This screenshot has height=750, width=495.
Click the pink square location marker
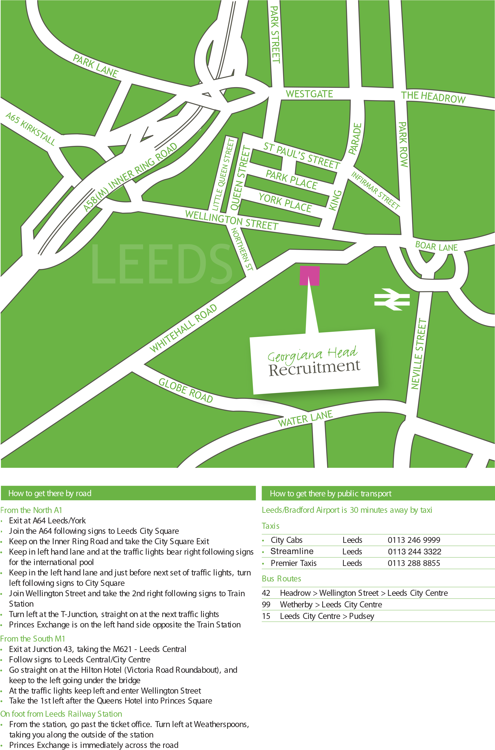click(309, 276)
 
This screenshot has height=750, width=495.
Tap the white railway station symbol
click(392, 299)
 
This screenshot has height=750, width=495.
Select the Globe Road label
click(186, 391)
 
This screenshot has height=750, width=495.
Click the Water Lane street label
click(305, 419)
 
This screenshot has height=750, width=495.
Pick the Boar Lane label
click(436, 246)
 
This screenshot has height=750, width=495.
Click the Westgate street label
click(309, 94)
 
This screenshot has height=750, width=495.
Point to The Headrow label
click(433, 97)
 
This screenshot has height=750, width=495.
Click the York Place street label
click(285, 203)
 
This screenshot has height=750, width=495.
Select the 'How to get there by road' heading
click(50, 493)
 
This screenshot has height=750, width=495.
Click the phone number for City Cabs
click(414, 540)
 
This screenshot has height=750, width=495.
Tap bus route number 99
click(266, 605)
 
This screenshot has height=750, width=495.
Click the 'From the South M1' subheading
click(33, 639)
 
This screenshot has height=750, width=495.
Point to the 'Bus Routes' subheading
click(281, 579)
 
